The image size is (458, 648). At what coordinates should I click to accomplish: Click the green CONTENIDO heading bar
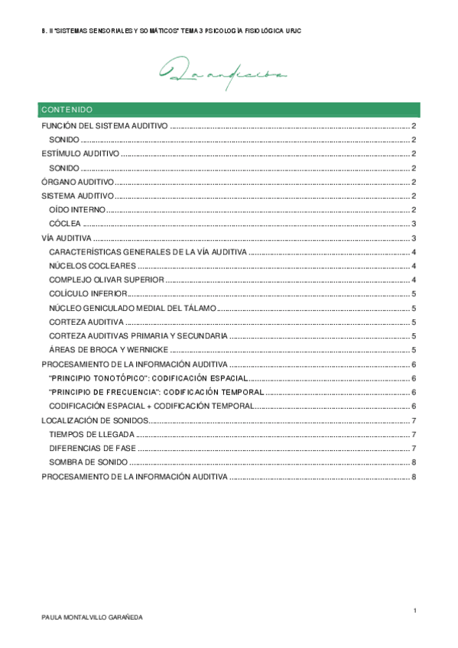click(x=229, y=109)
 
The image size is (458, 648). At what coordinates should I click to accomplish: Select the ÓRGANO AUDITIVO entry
click(x=77, y=182)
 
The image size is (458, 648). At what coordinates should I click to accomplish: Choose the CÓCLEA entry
click(x=65, y=224)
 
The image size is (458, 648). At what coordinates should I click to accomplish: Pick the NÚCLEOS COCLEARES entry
click(x=93, y=266)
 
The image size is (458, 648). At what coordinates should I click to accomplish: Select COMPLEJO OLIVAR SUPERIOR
click(x=106, y=280)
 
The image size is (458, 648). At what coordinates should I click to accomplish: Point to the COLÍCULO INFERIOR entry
click(x=88, y=294)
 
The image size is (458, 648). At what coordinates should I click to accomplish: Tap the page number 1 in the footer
click(x=413, y=611)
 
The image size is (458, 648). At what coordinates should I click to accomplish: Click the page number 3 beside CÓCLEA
click(x=413, y=224)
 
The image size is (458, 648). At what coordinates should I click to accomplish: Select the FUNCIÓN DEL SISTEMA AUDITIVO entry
click(x=104, y=126)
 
